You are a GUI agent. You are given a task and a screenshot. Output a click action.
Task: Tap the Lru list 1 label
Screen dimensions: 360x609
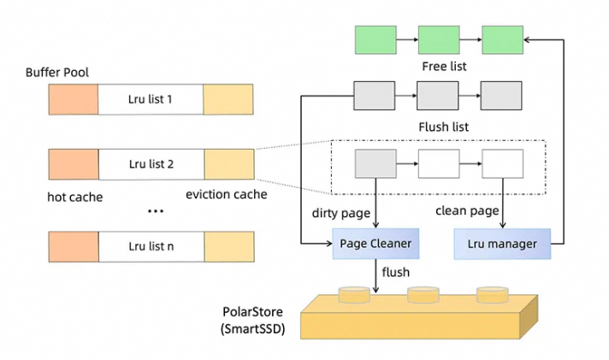point(151,99)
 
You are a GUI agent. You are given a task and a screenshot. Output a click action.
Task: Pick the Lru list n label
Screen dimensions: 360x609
point(151,246)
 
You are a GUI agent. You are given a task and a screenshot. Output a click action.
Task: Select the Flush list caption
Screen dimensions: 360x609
point(442,127)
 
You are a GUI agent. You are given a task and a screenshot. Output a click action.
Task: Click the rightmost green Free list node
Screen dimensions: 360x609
point(502,38)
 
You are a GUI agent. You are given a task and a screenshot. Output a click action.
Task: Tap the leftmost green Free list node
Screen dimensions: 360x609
point(375,38)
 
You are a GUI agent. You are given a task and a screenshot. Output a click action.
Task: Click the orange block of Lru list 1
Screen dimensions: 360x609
point(73,99)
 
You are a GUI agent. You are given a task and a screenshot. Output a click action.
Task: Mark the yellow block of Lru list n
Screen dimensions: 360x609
point(228,246)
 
